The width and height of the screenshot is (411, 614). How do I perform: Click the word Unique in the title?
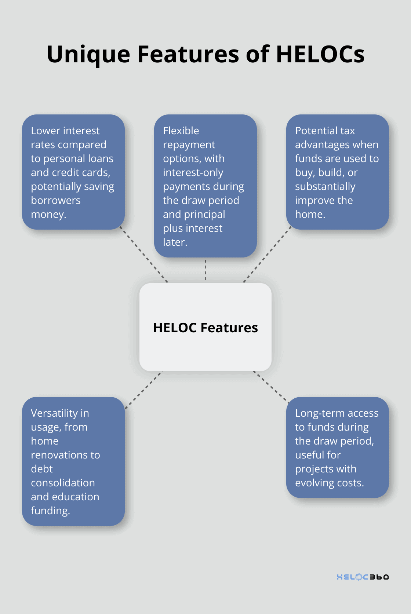point(88,54)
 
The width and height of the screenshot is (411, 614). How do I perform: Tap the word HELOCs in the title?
point(320,54)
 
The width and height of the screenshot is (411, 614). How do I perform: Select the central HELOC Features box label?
point(205,328)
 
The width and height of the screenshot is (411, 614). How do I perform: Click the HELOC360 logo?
point(363,577)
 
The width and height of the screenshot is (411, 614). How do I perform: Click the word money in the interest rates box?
point(48,214)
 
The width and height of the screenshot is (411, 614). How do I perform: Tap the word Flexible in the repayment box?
point(181,131)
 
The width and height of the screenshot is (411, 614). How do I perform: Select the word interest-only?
point(193,172)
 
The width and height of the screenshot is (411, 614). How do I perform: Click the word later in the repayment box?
point(175,242)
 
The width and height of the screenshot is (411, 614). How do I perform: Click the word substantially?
point(325,186)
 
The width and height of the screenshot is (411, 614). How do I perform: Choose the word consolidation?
point(63,483)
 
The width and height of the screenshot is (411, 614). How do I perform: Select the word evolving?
point(315,483)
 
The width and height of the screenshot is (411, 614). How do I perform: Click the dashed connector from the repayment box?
point(205,270)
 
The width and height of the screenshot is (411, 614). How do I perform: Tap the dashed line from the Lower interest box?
point(144,256)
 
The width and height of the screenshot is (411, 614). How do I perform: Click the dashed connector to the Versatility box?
point(143,390)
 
